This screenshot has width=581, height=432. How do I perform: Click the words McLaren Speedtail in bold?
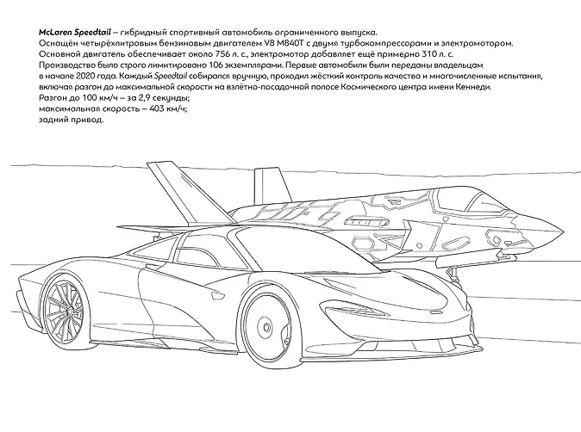[x=74, y=32]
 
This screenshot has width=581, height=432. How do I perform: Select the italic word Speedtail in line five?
[x=171, y=77]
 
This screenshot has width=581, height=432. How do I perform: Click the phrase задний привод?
[x=72, y=120]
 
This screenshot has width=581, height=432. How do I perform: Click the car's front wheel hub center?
[x=266, y=327]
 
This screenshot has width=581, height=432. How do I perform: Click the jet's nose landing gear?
[x=452, y=276]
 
